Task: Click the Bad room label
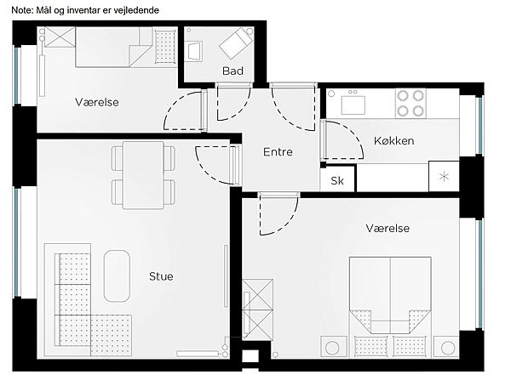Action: click(x=233, y=71)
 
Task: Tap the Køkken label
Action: click(x=394, y=141)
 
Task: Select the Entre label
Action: click(x=278, y=152)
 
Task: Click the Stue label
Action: click(x=161, y=276)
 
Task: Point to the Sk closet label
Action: click(x=337, y=180)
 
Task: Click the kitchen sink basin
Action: click(x=353, y=105)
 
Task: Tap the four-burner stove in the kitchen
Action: click(x=411, y=103)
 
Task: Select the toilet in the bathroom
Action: click(x=236, y=43)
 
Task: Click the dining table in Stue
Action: click(x=143, y=175)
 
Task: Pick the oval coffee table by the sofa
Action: click(x=117, y=276)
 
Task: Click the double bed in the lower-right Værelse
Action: click(x=390, y=307)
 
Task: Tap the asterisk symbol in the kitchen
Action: click(x=444, y=177)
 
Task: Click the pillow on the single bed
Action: click(x=165, y=46)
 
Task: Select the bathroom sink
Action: click(x=193, y=51)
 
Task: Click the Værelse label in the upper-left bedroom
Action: click(x=97, y=102)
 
